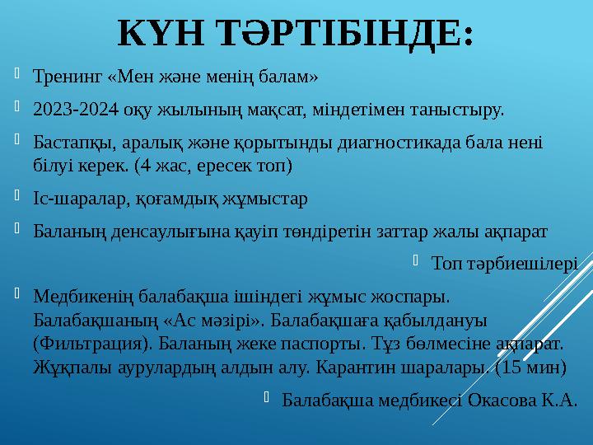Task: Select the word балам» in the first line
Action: pyautogui.click(x=288, y=79)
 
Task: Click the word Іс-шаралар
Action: pyautogui.click(x=72, y=199)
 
